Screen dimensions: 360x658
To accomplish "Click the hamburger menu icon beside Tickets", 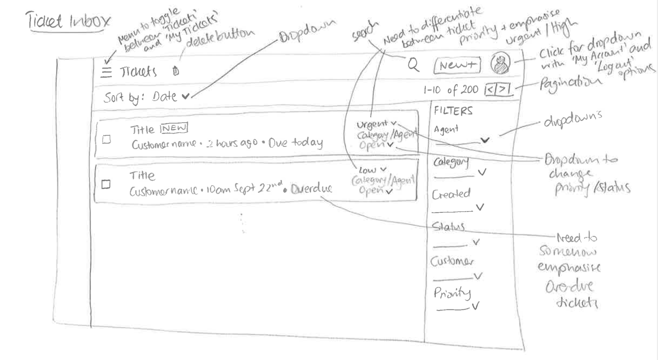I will (x=106, y=72).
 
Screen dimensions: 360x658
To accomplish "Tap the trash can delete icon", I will (x=176, y=71).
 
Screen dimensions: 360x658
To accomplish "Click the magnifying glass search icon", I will (x=413, y=65).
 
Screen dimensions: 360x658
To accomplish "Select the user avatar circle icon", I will (x=500, y=64).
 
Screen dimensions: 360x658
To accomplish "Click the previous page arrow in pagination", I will (x=491, y=89).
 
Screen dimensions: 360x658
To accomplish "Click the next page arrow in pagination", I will (x=503, y=89).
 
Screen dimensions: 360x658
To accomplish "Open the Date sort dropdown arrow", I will (x=185, y=97).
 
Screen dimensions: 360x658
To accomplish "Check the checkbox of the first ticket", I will (x=107, y=140).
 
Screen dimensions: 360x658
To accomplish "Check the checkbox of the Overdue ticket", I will (x=106, y=184).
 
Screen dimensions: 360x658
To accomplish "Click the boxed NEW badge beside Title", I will (x=174, y=128).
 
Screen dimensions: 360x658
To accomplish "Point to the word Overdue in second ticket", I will (x=311, y=189).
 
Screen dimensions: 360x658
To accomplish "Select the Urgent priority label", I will (x=372, y=124).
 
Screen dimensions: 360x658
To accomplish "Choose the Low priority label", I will (x=368, y=170).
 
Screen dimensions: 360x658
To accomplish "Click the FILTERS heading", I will (x=453, y=111).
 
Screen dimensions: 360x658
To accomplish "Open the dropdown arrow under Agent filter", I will (x=484, y=140).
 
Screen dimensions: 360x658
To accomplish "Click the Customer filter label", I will (x=452, y=261).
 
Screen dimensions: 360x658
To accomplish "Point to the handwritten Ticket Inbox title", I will (x=68, y=21).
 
